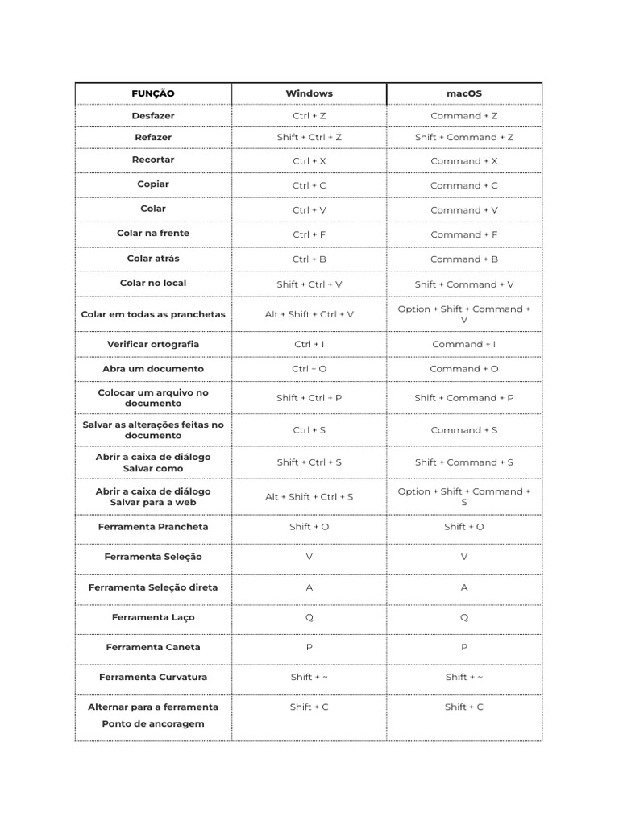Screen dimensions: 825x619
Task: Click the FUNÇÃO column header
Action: pos(153,93)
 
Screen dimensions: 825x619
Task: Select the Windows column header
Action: pos(309,93)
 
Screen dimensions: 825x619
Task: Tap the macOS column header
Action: pos(464,93)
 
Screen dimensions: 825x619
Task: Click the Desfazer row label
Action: pos(153,116)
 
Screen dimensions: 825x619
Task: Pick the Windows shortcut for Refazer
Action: pos(309,137)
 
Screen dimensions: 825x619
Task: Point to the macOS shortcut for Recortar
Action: pos(464,161)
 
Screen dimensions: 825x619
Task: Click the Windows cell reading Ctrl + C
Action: pos(309,185)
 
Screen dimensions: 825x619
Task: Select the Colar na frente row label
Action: pos(153,234)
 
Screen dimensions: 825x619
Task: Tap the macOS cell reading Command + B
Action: pos(464,259)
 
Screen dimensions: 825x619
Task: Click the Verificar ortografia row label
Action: pos(153,344)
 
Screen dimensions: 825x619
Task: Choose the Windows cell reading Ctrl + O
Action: pos(309,369)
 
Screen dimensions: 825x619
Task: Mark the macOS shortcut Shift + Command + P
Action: pos(464,398)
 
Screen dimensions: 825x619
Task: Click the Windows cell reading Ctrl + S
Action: pos(309,430)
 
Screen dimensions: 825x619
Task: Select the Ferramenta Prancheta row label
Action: pos(153,527)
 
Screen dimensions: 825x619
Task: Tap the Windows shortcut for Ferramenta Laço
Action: pos(309,618)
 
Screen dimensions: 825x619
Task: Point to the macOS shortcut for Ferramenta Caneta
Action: pos(464,647)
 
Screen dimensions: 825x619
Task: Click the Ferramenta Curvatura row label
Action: pos(153,677)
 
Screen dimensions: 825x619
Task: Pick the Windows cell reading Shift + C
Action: pos(309,707)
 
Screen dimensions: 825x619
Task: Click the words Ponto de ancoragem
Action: pos(153,723)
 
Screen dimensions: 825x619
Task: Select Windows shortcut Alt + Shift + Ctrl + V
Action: pos(309,314)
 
